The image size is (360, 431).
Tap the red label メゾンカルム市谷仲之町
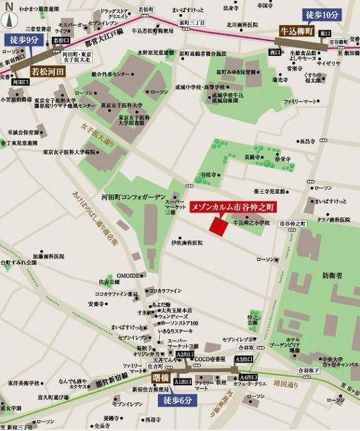click(233, 206)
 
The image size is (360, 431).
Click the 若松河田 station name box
click(49, 69)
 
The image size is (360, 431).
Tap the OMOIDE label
click(128, 275)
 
